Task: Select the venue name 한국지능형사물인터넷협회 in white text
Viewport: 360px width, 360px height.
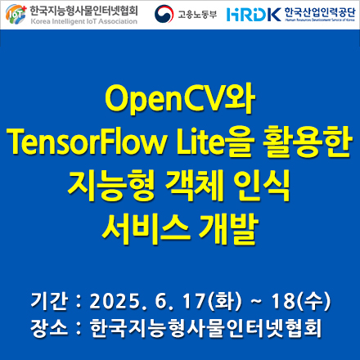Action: [207, 327]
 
